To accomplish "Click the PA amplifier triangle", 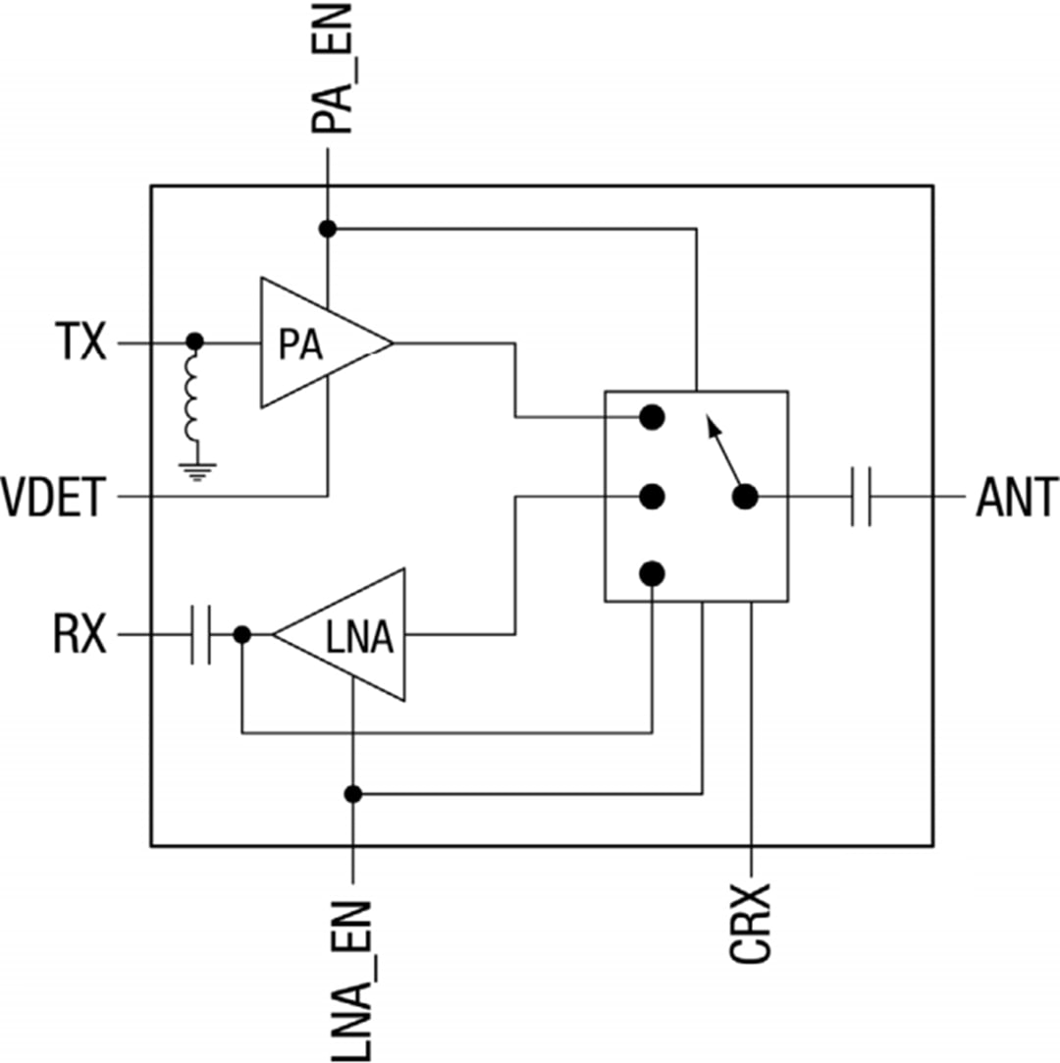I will click(x=314, y=344).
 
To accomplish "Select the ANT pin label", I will click(x=1016, y=498).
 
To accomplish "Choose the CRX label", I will click(x=752, y=923).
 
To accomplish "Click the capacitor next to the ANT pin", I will click(x=861, y=497).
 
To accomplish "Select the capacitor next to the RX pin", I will click(x=200, y=636).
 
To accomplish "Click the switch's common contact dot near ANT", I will click(x=745, y=497).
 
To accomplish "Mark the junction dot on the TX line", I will click(x=194, y=342).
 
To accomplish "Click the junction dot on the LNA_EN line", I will click(x=353, y=793).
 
